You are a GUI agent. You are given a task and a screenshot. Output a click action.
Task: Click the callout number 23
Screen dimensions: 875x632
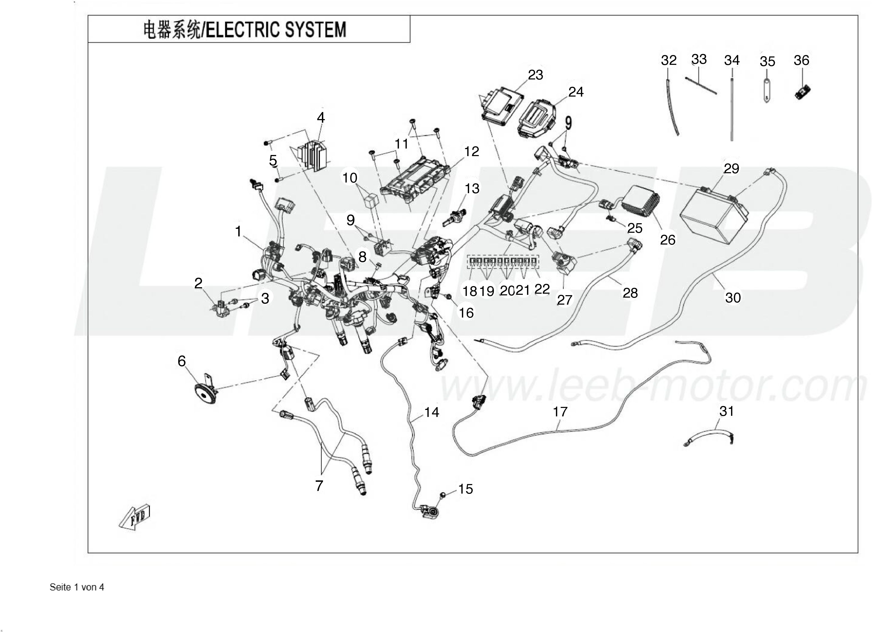tap(535, 75)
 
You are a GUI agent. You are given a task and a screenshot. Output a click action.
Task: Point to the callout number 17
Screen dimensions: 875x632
tap(560, 412)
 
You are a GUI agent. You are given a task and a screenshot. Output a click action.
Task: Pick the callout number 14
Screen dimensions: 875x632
tap(431, 412)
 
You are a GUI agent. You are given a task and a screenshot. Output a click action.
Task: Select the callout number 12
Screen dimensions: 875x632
tap(471, 151)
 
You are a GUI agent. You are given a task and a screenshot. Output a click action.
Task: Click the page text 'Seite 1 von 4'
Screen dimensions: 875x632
tap(77, 587)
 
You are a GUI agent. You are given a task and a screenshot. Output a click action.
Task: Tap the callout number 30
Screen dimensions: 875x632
tap(733, 297)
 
